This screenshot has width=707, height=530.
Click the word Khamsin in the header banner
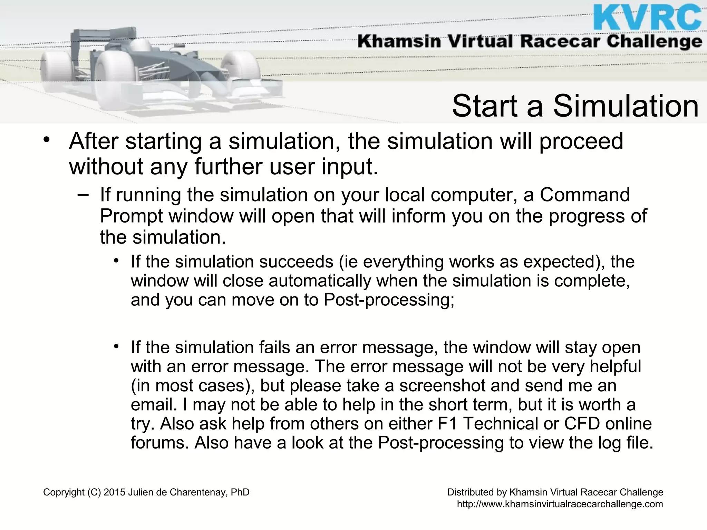(399, 42)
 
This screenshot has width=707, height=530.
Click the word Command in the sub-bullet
(585, 195)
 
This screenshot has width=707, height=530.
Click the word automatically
(319, 281)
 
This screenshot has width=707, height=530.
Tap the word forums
(159, 442)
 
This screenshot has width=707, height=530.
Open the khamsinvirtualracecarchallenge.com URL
(560, 504)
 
